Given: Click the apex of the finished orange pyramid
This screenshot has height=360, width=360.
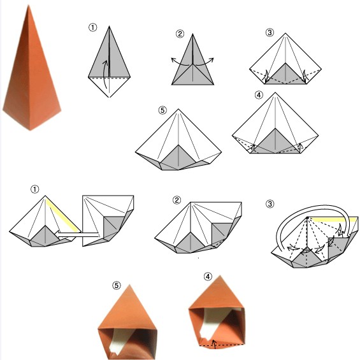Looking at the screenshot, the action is click(x=29, y=6).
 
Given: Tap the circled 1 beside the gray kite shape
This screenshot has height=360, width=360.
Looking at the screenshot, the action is click(x=93, y=27).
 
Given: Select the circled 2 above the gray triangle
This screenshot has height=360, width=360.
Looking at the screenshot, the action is click(x=180, y=34).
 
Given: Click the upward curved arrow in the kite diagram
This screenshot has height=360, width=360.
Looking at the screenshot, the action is click(x=105, y=74).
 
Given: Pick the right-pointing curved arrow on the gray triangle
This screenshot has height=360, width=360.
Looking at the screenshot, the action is click(x=204, y=62).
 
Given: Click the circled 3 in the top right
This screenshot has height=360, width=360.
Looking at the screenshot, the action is click(x=270, y=32).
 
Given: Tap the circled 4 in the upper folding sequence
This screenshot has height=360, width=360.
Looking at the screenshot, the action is click(x=259, y=95).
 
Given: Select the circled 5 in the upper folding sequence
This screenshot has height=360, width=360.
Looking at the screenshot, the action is click(x=162, y=110).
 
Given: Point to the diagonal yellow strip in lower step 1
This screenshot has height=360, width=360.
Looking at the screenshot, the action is click(x=63, y=215).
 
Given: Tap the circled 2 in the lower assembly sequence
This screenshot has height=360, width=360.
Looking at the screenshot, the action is click(x=176, y=200).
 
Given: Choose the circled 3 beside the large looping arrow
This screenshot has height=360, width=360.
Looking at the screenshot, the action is click(x=270, y=204).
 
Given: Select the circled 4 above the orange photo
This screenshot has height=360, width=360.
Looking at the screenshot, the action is click(x=208, y=277).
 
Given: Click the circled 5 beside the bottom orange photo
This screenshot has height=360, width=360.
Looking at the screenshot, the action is click(x=116, y=285).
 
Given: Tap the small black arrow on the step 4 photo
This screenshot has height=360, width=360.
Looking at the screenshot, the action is click(x=214, y=344).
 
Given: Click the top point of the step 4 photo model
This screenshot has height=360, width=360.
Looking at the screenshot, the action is click(x=220, y=275).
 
